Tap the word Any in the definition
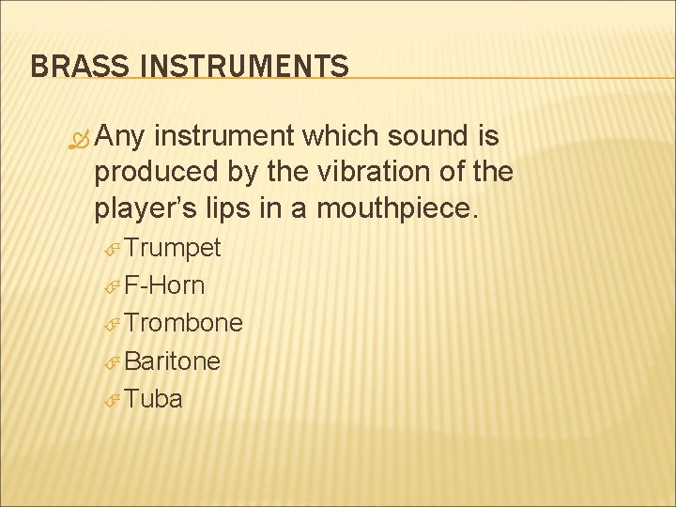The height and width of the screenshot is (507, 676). [x=121, y=139]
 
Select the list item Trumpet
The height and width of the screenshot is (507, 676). [x=173, y=248]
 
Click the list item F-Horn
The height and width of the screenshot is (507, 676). [x=164, y=285]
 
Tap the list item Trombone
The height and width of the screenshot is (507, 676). [x=184, y=323]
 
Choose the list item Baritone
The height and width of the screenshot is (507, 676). [x=173, y=361]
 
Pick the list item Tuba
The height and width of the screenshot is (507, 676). [x=154, y=398]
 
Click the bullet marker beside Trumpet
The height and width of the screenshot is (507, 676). [x=112, y=250]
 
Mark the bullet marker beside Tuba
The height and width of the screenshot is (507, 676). [x=112, y=400]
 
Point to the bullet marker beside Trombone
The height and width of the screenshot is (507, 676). [x=112, y=325]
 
